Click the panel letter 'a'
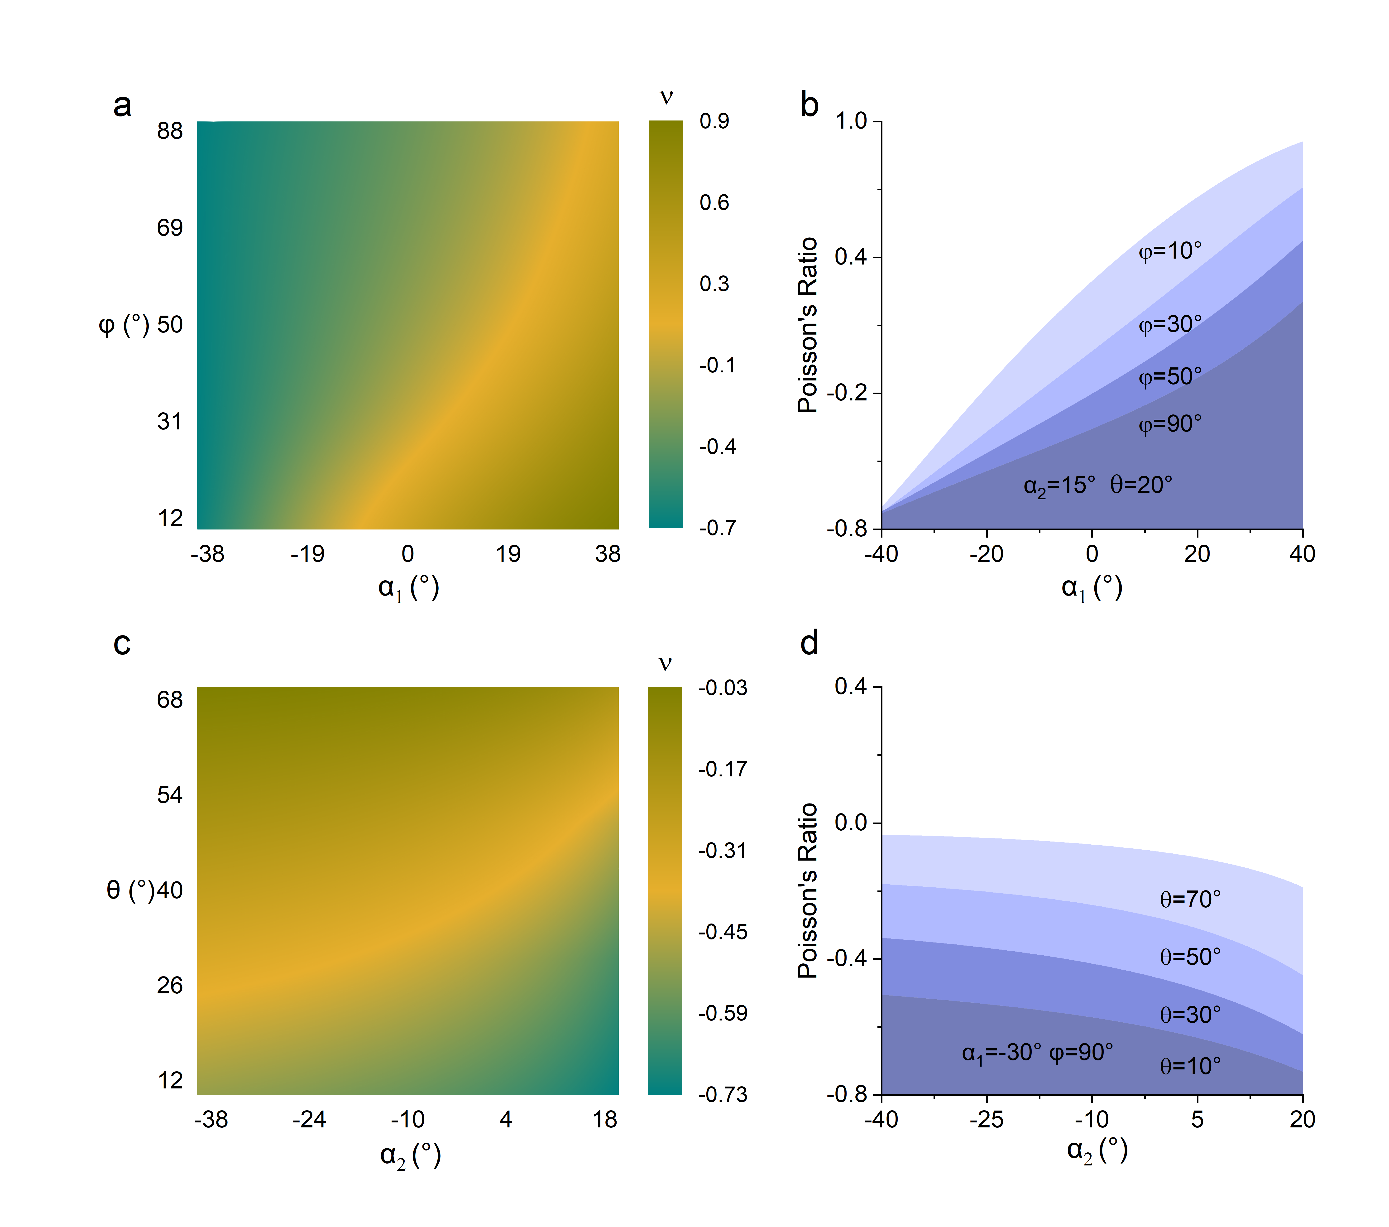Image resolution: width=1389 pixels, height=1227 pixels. pos(122,105)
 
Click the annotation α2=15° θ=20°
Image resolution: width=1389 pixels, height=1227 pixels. pos(1097,485)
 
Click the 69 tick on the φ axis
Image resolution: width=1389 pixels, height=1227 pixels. pos(170,228)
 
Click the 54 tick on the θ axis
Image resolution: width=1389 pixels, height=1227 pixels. pos(170,795)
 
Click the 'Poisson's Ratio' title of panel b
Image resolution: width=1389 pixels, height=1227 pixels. pos(807,325)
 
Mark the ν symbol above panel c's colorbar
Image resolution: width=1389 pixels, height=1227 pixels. pos(665,663)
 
